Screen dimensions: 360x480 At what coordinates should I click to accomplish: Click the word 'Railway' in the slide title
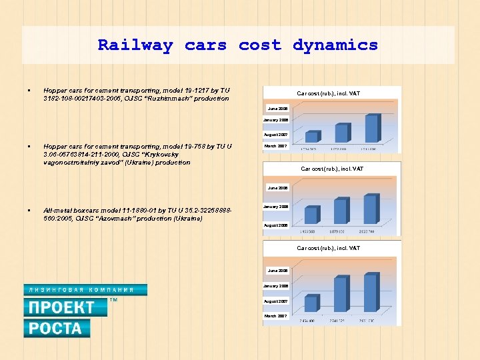coord(135,45)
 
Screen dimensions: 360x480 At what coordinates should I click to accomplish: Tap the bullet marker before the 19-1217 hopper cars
coord(30,90)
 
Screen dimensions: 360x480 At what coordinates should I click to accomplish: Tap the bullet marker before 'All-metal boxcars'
coord(30,210)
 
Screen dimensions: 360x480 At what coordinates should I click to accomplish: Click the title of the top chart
coord(328,93)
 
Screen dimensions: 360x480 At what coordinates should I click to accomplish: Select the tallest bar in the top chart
coord(372,128)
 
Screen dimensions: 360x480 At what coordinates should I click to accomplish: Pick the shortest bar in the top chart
coord(311,136)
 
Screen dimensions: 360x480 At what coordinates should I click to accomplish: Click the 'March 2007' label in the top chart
coord(275,145)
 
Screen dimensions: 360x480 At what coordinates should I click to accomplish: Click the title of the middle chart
coord(332,169)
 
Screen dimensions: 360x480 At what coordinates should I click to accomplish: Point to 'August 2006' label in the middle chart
coord(275,225)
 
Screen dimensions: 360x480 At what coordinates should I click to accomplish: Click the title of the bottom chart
coord(328,248)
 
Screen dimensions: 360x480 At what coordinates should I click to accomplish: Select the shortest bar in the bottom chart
coord(311,303)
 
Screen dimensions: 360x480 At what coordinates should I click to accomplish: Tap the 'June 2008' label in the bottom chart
coord(277,271)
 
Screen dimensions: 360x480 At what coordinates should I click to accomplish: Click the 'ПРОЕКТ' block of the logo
coord(65,307)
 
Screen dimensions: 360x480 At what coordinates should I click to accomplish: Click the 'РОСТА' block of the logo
coord(56,328)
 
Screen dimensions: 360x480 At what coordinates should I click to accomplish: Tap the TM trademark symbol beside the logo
coord(113,301)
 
